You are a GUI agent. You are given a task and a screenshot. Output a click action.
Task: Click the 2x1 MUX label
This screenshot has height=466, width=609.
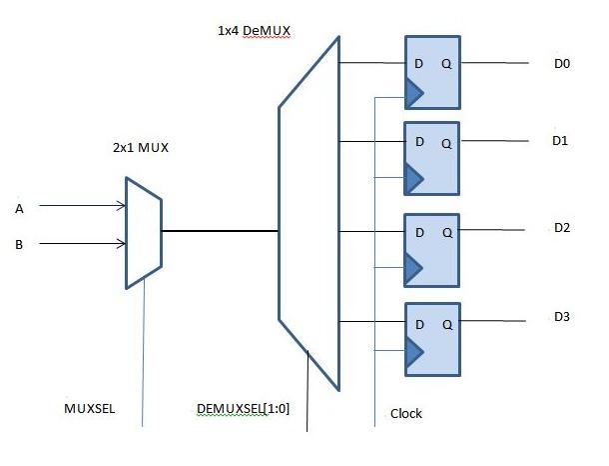pyautogui.click(x=141, y=148)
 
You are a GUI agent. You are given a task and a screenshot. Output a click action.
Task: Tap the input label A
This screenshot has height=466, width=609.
pyautogui.click(x=19, y=209)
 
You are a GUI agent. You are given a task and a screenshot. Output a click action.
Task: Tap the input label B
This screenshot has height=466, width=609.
pyautogui.click(x=19, y=243)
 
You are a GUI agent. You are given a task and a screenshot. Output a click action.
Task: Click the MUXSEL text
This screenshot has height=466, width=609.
pyautogui.click(x=86, y=410)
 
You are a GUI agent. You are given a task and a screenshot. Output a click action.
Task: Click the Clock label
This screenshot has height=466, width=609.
pyautogui.click(x=406, y=413)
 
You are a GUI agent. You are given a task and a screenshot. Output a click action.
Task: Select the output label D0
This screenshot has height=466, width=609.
pyautogui.click(x=561, y=64)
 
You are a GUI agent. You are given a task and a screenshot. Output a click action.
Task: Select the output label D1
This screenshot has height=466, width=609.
pyautogui.click(x=560, y=141)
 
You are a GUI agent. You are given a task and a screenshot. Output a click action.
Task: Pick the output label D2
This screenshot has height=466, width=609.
pyautogui.click(x=561, y=228)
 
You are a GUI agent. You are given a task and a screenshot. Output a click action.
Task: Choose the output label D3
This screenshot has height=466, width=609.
pyautogui.click(x=561, y=317)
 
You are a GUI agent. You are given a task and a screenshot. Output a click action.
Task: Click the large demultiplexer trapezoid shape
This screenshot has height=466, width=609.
pyautogui.click(x=309, y=215)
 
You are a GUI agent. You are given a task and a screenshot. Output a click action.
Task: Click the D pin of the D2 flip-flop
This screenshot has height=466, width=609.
pyautogui.click(x=419, y=233)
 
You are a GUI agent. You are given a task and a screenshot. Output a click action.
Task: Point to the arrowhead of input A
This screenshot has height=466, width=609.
pyautogui.click(x=121, y=207)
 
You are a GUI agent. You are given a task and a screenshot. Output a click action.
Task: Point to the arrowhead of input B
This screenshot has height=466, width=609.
pyautogui.click(x=121, y=242)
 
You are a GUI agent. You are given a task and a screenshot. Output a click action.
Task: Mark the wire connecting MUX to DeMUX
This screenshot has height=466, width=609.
pyautogui.click(x=220, y=231)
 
